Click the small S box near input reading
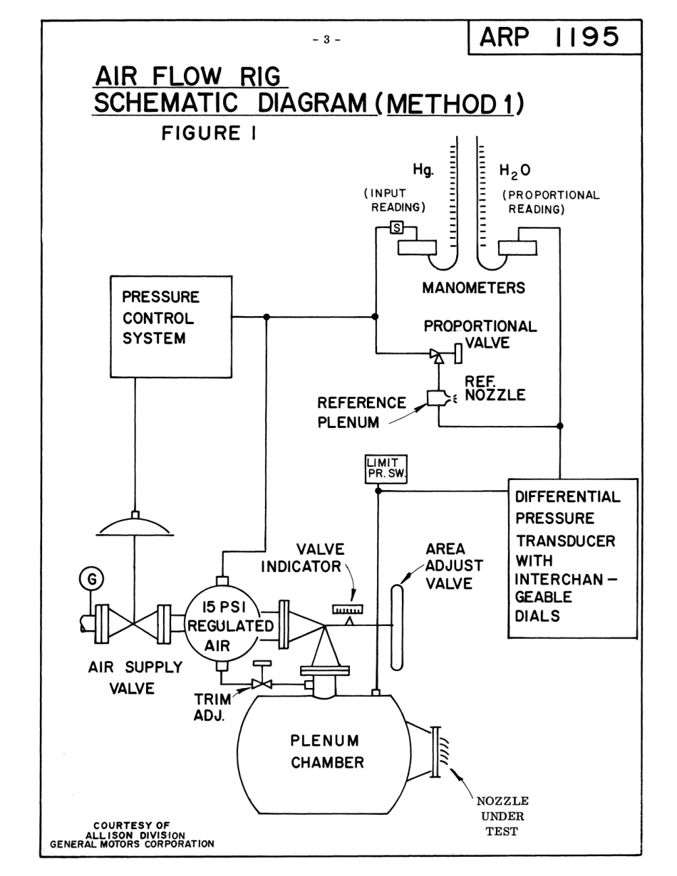[x=398, y=228]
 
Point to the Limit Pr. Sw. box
[x=385, y=469]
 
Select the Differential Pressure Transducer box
[x=572, y=556]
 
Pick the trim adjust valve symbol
[x=262, y=684]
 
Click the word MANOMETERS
[x=473, y=288]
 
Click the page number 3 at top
[x=327, y=39]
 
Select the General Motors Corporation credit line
[x=132, y=845]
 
